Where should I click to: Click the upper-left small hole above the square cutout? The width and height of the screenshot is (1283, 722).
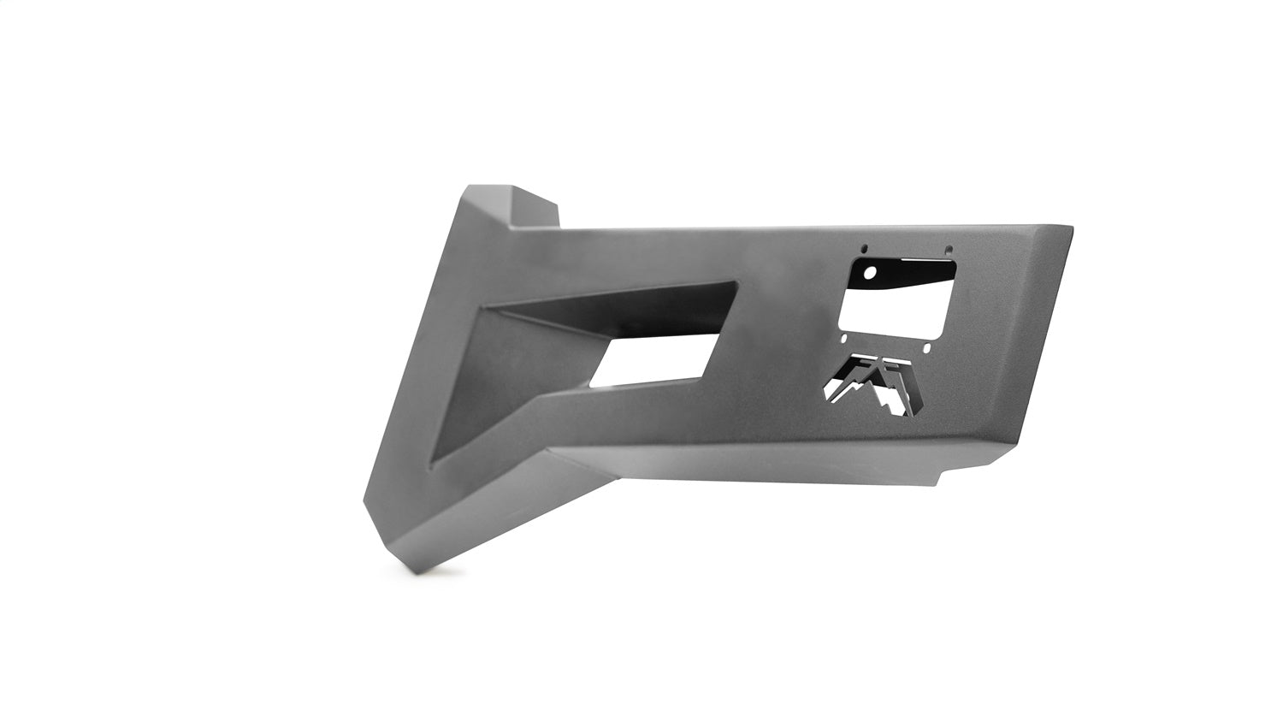point(864,248)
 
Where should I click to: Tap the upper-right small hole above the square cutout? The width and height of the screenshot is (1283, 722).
point(949,249)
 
